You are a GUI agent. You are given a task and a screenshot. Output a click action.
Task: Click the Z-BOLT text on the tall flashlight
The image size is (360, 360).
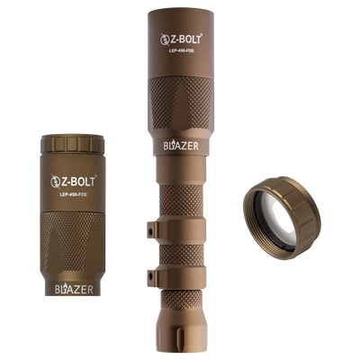(x=186, y=40)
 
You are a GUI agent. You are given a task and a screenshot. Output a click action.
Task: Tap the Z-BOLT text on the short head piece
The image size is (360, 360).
(x=78, y=181)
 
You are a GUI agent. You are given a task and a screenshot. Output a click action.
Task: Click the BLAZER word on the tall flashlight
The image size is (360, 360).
(x=181, y=146)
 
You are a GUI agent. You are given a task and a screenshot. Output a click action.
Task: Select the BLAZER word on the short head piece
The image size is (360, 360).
(x=74, y=289)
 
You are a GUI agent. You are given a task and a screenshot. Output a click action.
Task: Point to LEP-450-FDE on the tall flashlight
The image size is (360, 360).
(x=181, y=51)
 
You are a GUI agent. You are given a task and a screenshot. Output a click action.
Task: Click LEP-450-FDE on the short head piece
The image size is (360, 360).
(x=73, y=194)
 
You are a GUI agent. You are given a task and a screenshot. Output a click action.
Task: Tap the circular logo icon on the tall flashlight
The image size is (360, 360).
(x=165, y=40)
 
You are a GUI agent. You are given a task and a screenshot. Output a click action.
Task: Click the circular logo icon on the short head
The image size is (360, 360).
(x=56, y=182)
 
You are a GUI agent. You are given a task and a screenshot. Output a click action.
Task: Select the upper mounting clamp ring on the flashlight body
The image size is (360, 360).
(x=177, y=229)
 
